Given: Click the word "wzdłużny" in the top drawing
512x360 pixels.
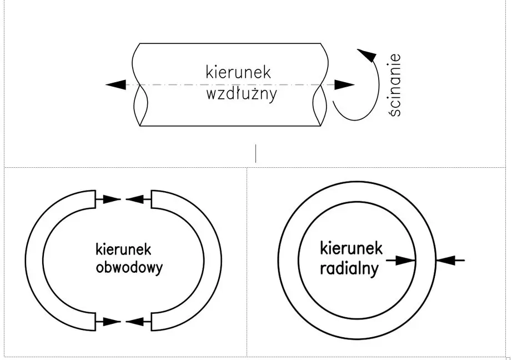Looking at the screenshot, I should click(241, 93).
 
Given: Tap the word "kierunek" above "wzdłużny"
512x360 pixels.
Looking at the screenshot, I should click(238, 72).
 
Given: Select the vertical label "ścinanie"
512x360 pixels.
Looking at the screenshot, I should click(395, 85).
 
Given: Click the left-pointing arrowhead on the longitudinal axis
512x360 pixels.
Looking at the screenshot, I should click(116, 85).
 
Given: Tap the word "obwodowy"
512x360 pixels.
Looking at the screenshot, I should click(129, 268).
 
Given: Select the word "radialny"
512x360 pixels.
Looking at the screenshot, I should click(349, 269).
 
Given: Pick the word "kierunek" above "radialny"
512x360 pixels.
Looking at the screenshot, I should click(352, 248).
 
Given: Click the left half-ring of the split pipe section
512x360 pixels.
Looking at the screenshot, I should click(34, 259).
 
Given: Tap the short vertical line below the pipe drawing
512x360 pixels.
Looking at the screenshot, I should click(256, 153).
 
